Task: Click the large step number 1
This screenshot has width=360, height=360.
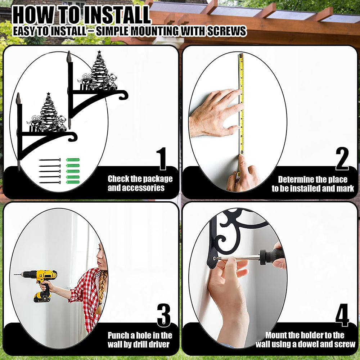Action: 162,159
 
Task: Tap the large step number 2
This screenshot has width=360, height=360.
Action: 342,159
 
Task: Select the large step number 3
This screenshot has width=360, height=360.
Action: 164,315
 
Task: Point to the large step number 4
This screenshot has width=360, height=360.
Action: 342,315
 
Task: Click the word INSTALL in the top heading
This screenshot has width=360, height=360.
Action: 116,15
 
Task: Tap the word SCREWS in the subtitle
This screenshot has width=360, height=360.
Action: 226,31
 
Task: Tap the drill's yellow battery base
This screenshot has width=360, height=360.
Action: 42,297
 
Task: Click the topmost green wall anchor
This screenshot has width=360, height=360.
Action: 73,160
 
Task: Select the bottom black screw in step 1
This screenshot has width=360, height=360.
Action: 50,183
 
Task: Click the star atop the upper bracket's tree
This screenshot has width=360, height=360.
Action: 99,52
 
